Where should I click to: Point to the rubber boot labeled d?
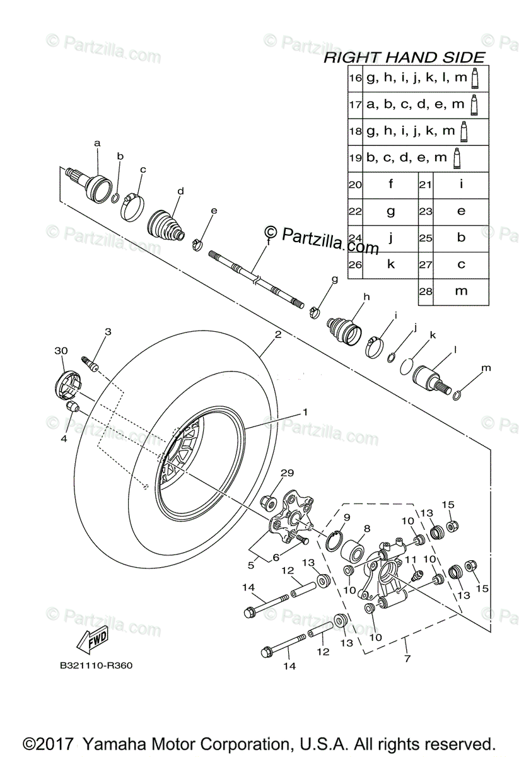[x=166, y=223]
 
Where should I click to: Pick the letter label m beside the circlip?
[x=486, y=368]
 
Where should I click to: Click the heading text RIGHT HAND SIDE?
[x=404, y=57]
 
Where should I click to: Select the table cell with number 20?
[x=356, y=185]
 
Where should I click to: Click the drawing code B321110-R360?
[x=96, y=665]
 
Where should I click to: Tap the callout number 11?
[x=411, y=559]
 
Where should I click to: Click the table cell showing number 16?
[x=356, y=78]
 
